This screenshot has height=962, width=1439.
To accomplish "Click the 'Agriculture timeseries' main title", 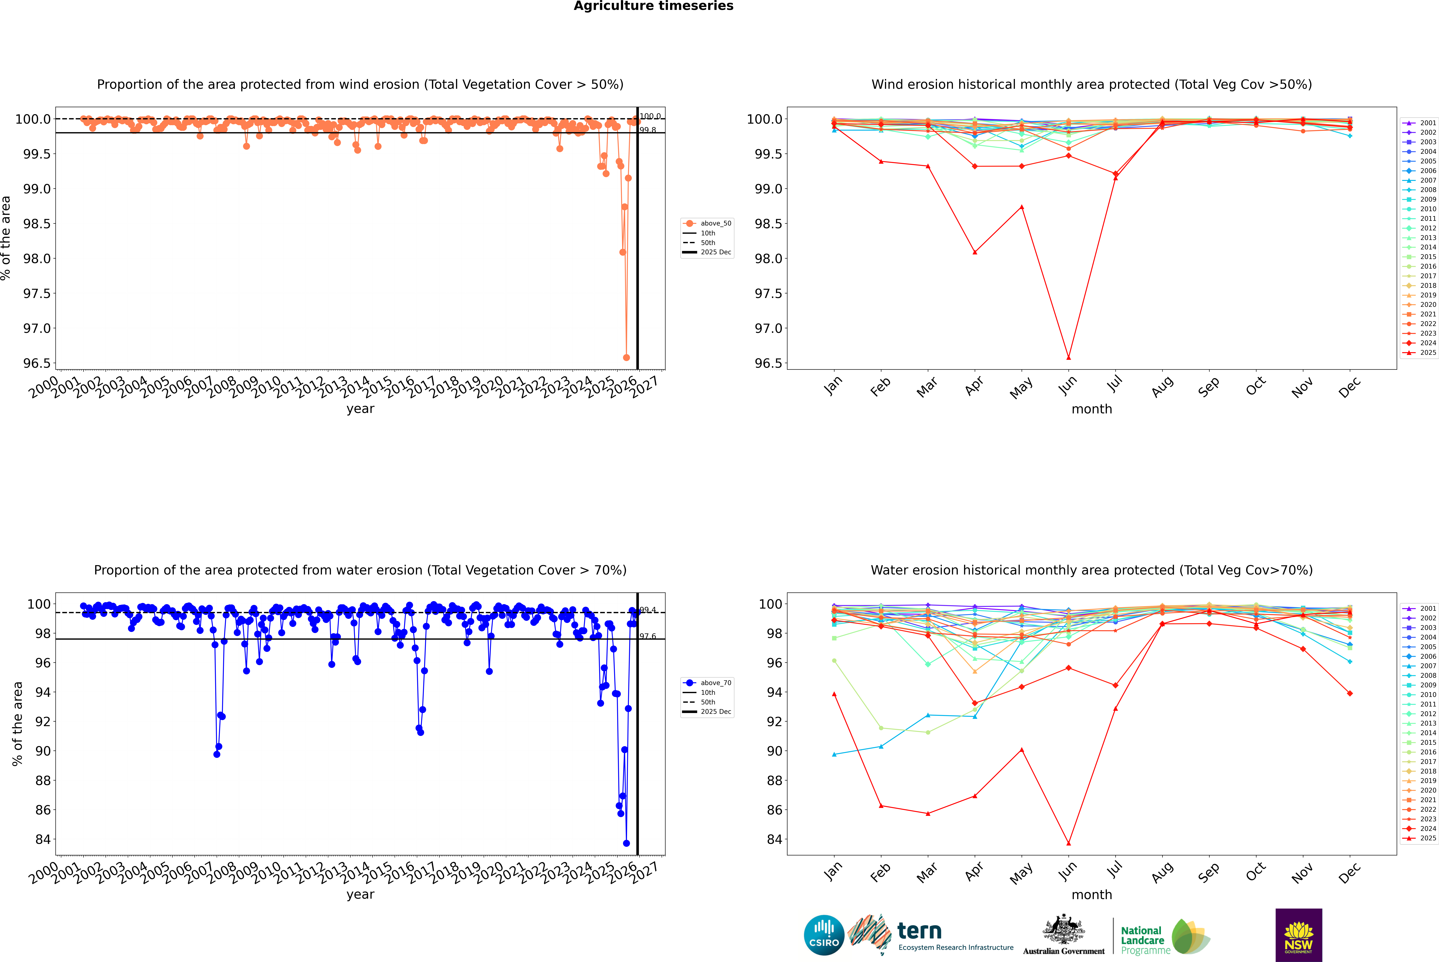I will point(653,6).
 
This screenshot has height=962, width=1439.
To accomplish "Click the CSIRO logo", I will point(824,935).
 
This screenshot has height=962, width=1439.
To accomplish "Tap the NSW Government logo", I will point(1298,935).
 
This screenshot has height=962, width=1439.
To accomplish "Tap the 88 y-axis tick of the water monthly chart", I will point(774,780).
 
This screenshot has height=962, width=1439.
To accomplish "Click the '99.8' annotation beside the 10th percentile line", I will point(648,130).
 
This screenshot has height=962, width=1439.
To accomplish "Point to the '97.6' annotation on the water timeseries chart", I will point(648,636).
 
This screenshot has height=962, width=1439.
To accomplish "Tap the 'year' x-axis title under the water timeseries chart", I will point(360,895).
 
